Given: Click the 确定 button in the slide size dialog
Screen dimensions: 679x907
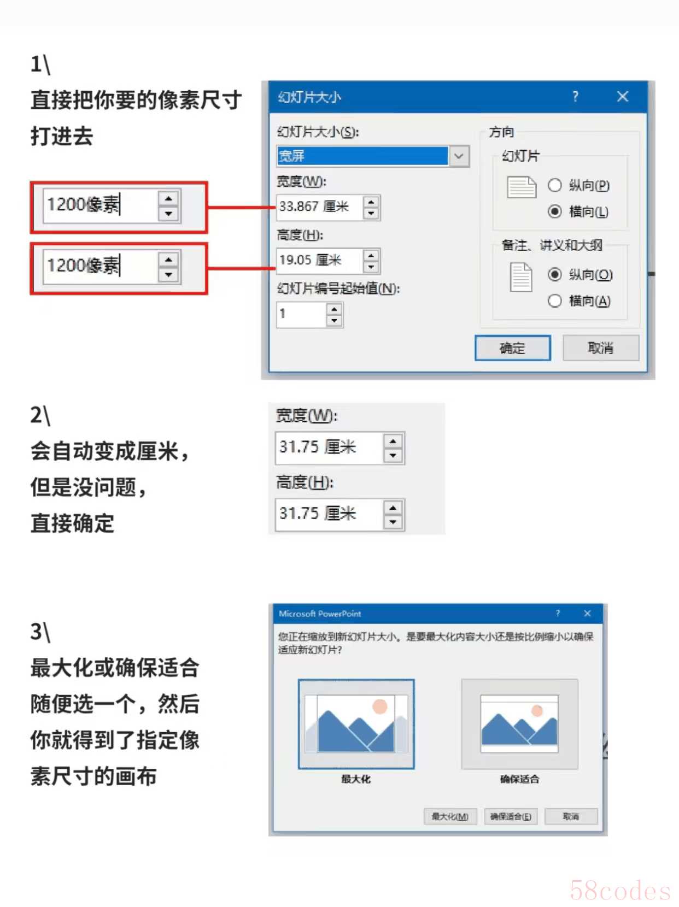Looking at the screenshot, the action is [512, 348].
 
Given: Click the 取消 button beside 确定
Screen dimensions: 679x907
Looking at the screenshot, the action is [600, 348].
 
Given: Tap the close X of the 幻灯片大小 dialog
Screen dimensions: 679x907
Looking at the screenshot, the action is [622, 97].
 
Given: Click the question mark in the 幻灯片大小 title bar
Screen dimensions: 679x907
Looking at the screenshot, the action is [575, 97].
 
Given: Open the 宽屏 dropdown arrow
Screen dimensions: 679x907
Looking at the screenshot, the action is [459, 156].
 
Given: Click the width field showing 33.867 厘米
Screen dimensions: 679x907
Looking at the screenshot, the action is [319, 207].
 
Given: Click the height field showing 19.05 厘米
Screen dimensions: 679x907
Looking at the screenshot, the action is [319, 260].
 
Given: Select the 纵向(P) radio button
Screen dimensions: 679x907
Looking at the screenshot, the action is [554, 186].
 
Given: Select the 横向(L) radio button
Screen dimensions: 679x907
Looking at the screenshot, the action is [554, 211].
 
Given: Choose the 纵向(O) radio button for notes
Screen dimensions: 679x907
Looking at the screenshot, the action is [554, 274].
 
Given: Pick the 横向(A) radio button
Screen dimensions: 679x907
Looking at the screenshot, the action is [554, 301].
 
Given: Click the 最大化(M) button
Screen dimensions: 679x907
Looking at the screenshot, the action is [450, 816].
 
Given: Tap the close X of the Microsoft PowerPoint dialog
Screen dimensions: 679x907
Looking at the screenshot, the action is [587, 613].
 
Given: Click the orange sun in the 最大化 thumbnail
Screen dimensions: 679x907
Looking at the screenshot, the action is [379, 706].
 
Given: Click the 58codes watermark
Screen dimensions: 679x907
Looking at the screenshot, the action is [620, 891].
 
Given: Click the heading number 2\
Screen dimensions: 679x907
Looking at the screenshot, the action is [40, 415].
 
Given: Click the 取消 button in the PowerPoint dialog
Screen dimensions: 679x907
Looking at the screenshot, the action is [571, 816].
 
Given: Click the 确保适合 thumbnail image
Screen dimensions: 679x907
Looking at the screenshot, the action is [519, 724].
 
